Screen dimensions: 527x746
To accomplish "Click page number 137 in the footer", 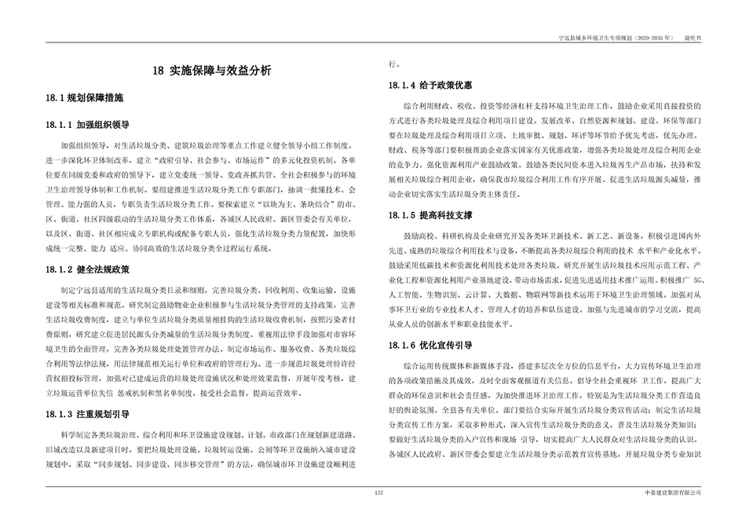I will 378,492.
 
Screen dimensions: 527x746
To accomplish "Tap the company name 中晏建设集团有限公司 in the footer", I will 671,492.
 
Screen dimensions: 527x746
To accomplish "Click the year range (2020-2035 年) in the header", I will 651,37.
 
